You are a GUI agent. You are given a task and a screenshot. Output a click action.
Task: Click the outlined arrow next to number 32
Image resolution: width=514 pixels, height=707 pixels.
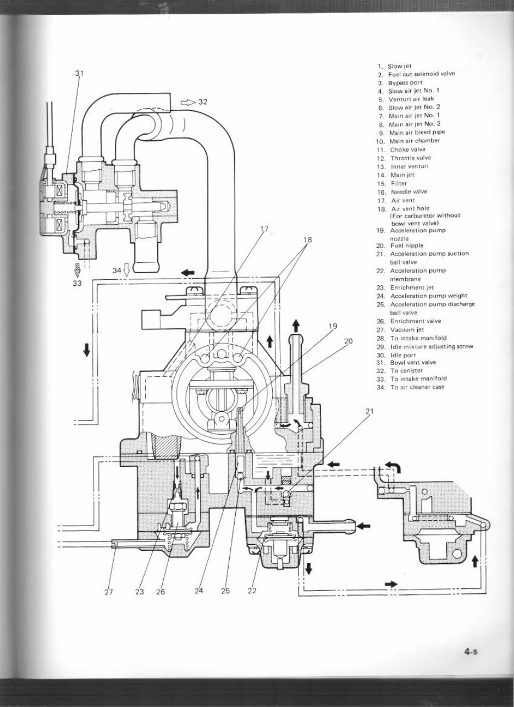click(187, 102)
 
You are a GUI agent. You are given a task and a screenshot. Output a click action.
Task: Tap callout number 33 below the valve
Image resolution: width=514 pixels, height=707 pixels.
click(77, 283)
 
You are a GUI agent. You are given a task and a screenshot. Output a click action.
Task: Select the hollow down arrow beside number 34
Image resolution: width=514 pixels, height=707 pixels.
click(126, 270)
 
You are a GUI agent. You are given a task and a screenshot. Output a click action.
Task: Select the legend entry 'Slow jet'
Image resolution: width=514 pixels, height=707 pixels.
click(398, 65)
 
